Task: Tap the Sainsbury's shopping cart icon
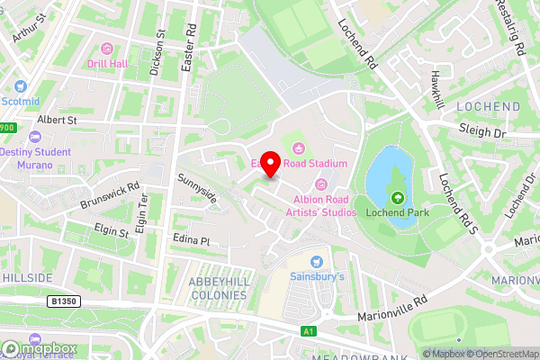tap(317, 261)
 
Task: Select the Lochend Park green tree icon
tap(397, 197)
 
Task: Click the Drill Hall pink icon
tap(108, 49)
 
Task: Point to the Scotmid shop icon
tap(20, 87)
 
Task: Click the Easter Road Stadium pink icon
tap(299, 148)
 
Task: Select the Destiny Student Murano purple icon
tap(35, 137)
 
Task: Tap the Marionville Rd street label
tap(389, 306)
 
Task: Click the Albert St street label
tap(58, 119)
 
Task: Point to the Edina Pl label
tap(191, 241)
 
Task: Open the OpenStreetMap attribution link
tap(500, 353)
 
